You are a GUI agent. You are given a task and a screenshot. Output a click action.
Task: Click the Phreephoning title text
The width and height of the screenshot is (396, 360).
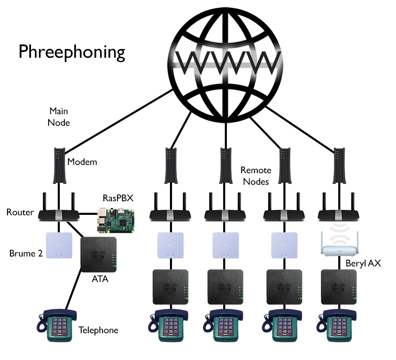point(71,53)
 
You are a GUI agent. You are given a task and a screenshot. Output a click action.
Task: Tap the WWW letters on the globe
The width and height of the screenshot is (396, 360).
point(226,61)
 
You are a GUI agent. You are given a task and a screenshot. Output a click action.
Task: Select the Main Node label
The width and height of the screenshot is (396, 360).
point(59,117)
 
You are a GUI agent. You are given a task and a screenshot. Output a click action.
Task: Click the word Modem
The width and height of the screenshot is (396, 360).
point(82,162)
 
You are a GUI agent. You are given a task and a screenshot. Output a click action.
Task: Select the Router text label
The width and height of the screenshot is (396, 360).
point(20,212)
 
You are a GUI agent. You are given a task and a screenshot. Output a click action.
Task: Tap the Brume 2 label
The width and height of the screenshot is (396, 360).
point(26,253)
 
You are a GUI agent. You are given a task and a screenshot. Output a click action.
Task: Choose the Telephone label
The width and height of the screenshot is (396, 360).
point(98,330)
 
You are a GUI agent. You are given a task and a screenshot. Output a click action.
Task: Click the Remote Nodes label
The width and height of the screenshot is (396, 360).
point(256,176)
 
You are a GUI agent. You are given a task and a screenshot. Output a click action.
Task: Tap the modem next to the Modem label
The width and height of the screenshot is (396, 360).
point(58,165)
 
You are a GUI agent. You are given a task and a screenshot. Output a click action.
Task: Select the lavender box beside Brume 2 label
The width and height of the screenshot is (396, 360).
point(59,246)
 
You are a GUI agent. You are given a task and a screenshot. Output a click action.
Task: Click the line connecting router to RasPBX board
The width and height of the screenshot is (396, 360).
point(87,214)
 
